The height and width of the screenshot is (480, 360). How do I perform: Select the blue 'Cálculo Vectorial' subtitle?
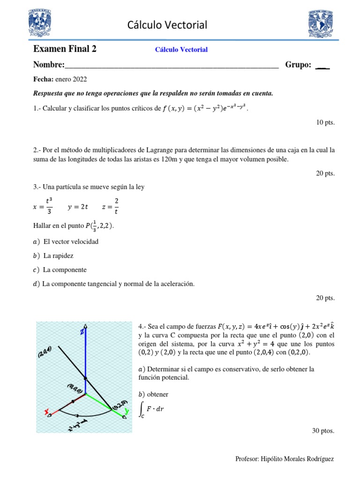pos(181,49)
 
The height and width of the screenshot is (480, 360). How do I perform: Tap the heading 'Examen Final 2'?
pos(65,49)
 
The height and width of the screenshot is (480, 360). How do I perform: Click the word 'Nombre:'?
pos(48,65)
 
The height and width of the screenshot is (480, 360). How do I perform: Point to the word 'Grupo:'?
pos(298,65)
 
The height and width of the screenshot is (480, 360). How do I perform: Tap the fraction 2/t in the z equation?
pos(117,205)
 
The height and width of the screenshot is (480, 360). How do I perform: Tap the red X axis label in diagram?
pos(47,412)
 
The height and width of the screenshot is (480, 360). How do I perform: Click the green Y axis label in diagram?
pos(125,412)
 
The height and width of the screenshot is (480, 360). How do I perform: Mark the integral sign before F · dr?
pos(142,409)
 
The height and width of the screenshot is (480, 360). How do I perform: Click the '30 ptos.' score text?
pos(323,431)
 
